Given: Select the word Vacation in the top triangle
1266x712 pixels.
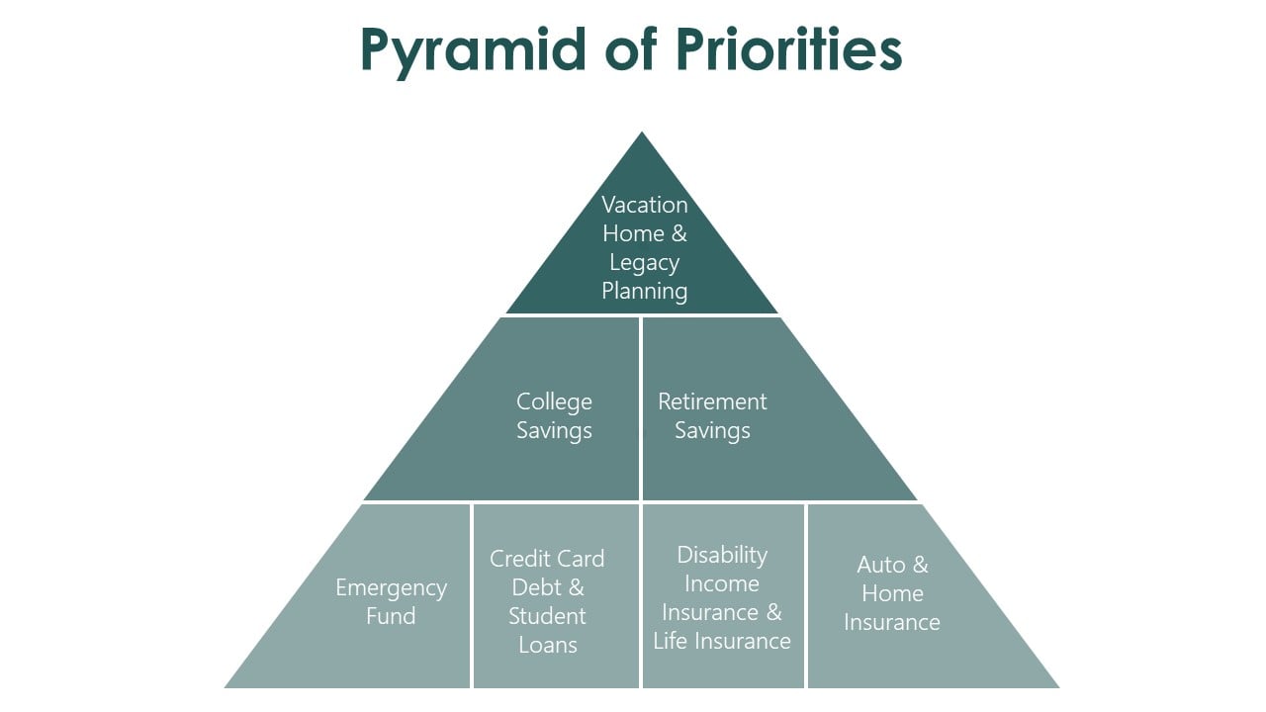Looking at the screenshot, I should [645, 205].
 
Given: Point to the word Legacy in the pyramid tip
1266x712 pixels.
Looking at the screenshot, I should [644, 263].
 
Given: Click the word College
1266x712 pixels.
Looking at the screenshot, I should [554, 401].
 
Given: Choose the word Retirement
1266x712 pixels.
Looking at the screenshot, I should [712, 401].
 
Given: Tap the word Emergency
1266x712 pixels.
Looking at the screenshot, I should [391, 588].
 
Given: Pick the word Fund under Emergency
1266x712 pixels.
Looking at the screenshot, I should [391, 616].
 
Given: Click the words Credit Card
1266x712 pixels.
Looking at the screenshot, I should [547, 559].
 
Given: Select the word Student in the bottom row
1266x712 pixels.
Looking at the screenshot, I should [547, 616].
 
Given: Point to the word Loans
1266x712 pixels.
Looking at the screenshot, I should [547, 645].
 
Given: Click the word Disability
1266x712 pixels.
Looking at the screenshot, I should [722, 555].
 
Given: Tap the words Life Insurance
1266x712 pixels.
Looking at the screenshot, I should [722, 641].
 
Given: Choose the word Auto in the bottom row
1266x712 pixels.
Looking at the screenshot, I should [881, 565].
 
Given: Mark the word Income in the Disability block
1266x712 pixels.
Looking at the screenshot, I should [722, 583].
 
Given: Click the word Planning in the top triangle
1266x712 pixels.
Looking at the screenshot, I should [645, 291].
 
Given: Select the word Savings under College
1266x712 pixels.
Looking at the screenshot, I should [554, 431].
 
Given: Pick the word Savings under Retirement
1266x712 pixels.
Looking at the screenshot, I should [712, 431].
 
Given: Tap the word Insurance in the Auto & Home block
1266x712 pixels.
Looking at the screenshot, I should [892, 622].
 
